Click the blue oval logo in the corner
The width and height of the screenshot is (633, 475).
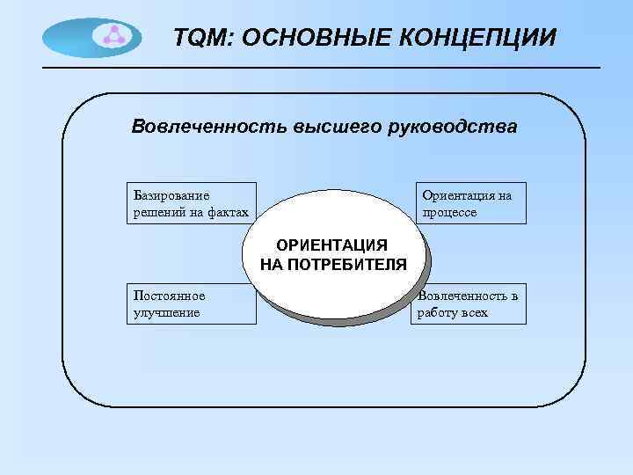click(91, 37)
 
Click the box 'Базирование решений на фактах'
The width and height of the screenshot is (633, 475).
click(191, 203)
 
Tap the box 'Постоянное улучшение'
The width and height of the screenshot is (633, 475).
click(191, 303)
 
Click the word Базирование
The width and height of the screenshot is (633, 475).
click(171, 195)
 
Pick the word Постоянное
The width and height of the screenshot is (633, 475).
click(167, 296)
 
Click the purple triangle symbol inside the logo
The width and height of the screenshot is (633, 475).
click(113, 36)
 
